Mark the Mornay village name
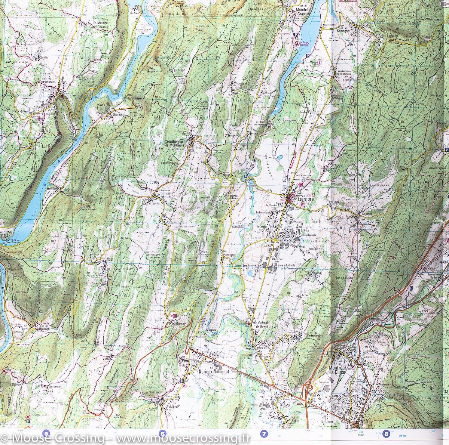pos(181,324)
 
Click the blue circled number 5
pos(46,434)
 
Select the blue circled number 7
pos(264,434)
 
